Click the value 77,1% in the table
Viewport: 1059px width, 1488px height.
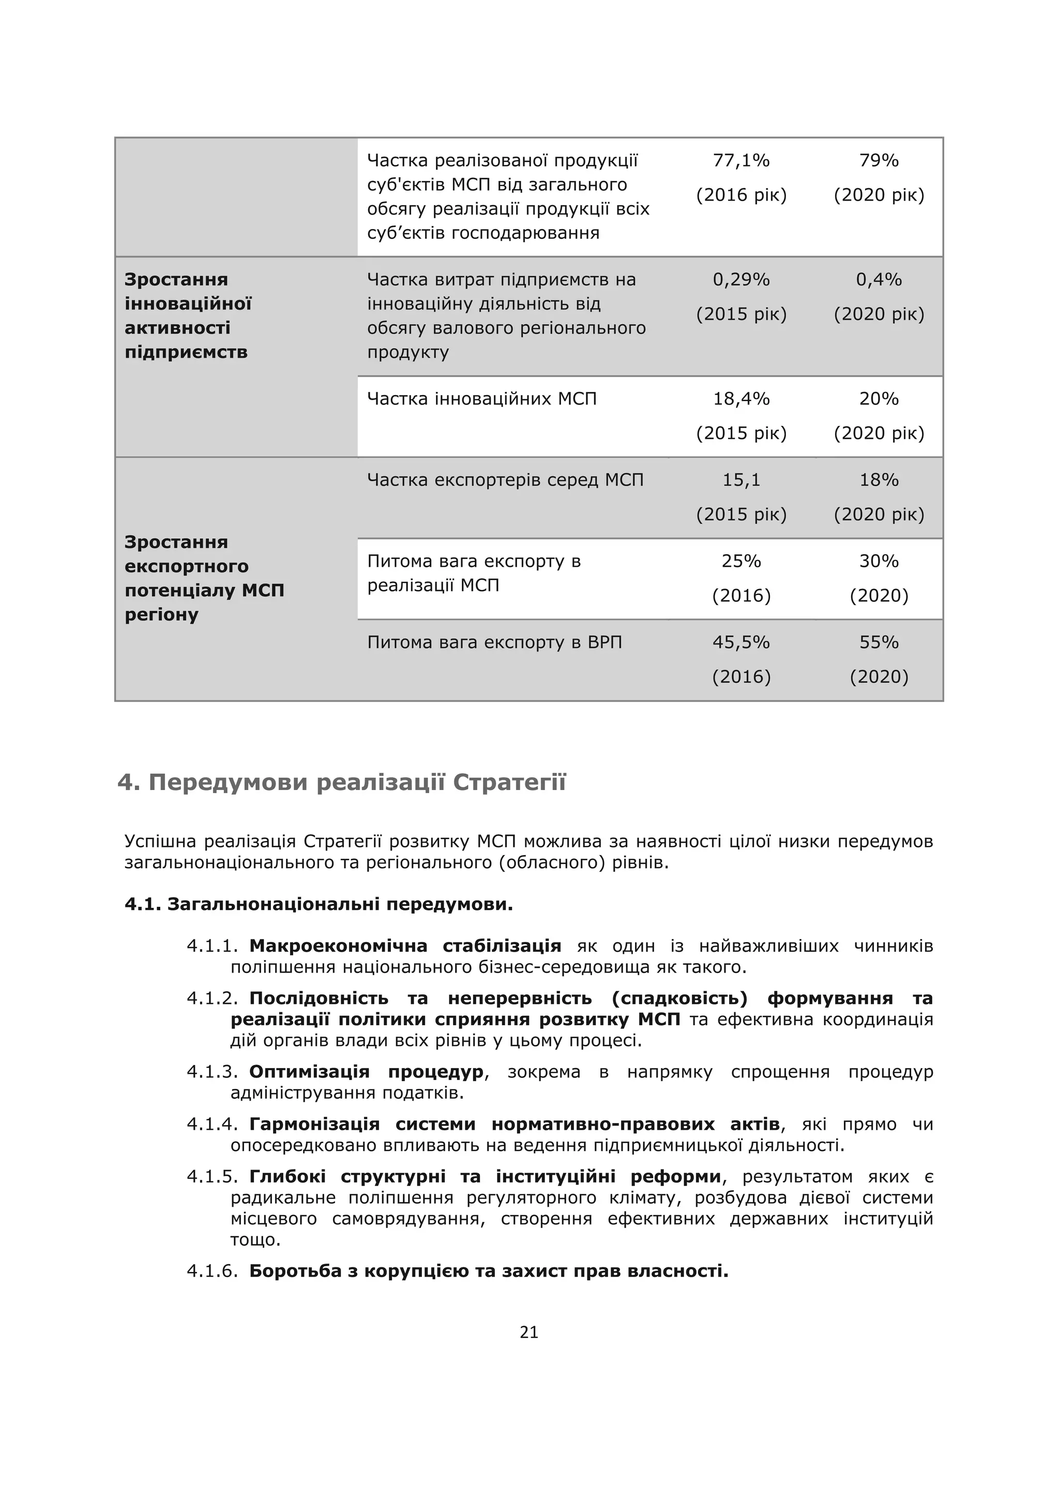point(741,160)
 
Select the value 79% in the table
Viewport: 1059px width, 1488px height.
point(879,160)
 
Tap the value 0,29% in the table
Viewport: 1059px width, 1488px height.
point(741,280)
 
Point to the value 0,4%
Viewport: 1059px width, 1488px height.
point(879,280)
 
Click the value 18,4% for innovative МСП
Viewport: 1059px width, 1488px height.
point(741,399)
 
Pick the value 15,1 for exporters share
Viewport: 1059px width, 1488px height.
point(741,480)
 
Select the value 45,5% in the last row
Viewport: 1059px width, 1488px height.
point(741,642)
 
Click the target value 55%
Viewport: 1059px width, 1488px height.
point(879,642)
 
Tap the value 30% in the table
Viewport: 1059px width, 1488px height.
point(879,561)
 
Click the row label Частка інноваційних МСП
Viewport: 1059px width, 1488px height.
point(481,399)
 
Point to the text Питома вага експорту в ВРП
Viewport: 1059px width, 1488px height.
point(494,642)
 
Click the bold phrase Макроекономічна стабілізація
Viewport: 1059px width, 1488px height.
point(404,946)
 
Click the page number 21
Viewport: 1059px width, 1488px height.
point(529,1333)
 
